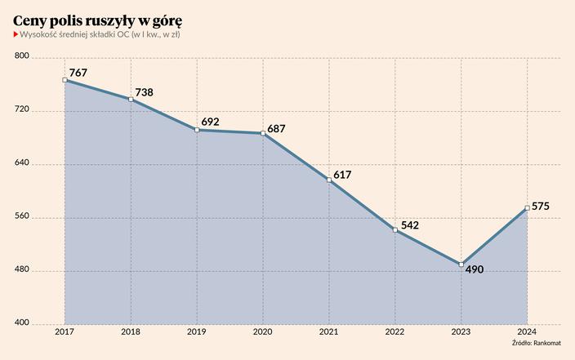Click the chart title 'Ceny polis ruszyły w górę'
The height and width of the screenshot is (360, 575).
pyautogui.click(x=97, y=17)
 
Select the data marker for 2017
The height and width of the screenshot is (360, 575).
pyautogui.click(x=65, y=80)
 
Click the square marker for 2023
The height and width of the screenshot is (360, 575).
pyautogui.click(x=461, y=264)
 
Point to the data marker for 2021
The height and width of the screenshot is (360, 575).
pyautogui.click(x=328, y=180)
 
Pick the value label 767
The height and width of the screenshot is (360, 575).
pyautogui.click(x=78, y=73)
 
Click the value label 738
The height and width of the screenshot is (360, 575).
pyautogui.click(x=144, y=92)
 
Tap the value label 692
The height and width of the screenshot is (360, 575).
pyautogui.click(x=210, y=122)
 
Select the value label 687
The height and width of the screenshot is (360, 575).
pyautogui.click(x=277, y=128)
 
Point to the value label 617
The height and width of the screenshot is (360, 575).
pyautogui.click(x=341, y=175)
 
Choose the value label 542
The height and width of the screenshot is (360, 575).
pyautogui.click(x=409, y=224)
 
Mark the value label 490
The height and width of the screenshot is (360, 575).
pyautogui.click(x=475, y=269)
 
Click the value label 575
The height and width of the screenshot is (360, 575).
pyautogui.click(x=540, y=206)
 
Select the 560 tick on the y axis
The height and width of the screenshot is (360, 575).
pyautogui.click(x=22, y=217)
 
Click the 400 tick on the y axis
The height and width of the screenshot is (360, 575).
pyautogui.click(x=22, y=324)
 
